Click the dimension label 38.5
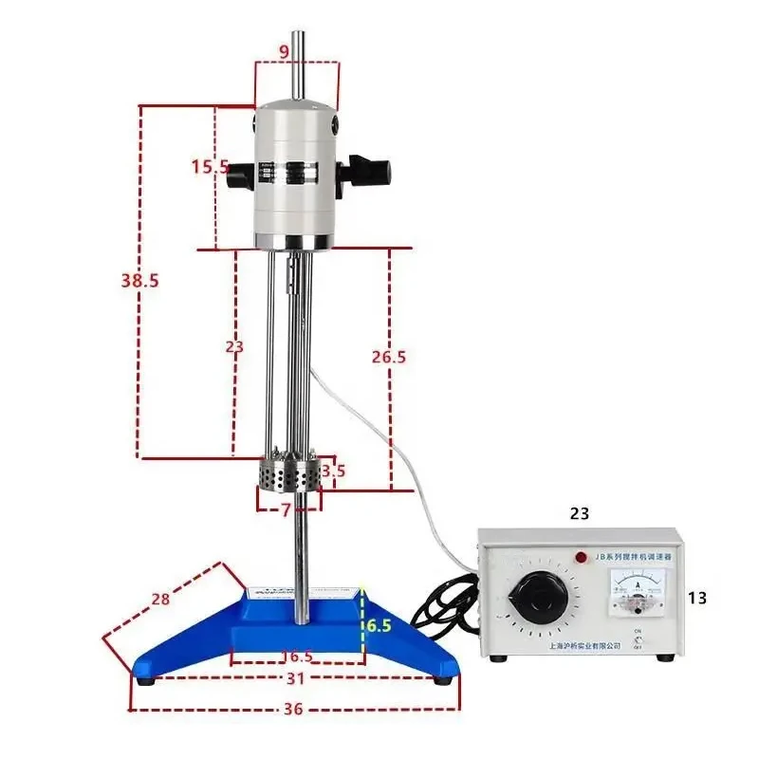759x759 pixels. [x=139, y=280]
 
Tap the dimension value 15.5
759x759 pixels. [x=210, y=167]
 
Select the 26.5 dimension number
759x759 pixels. [x=389, y=357]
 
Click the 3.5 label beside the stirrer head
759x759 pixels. [x=333, y=470]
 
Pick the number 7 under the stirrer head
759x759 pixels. [x=286, y=509]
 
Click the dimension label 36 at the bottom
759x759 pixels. [x=293, y=709]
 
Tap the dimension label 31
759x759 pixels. [x=296, y=678]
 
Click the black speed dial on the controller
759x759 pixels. [x=538, y=598]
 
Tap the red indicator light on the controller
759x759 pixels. [x=580, y=557]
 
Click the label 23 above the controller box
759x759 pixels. [x=580, y=513]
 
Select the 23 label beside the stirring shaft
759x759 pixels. [x=234, y=347]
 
